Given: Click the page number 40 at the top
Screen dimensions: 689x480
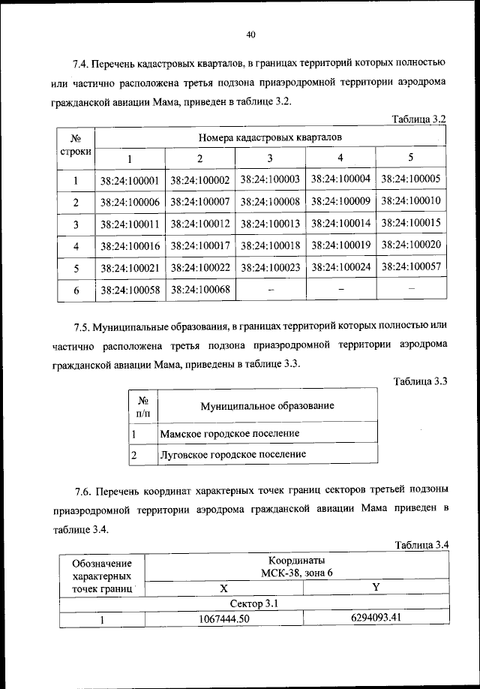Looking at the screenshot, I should pos(250,33).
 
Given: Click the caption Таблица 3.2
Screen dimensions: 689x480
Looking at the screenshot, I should pos(419,119).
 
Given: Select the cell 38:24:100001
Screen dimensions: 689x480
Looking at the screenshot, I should pos(129,181).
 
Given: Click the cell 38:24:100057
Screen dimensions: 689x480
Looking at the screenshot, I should pos(410,266).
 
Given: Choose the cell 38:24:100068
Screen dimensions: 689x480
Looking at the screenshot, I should pos(199,288).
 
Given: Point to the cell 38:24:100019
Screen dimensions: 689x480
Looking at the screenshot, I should pos(340,245).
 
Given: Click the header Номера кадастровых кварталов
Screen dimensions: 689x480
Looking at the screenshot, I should pos(270,137).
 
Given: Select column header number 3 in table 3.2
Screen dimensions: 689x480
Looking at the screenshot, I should pos(270,158).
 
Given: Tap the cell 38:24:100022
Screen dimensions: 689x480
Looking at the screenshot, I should pos(199,267).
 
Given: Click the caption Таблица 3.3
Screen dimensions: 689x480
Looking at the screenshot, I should pos(421,381).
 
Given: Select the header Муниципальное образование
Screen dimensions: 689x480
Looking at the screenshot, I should pos(266,406).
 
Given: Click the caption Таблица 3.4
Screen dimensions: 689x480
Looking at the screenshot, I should pos(421,545).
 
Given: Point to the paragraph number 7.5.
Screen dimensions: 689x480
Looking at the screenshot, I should pos(83,327).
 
